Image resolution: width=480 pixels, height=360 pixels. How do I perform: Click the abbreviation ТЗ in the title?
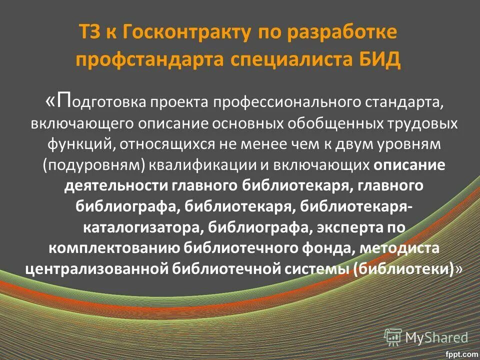click(91, 34)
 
